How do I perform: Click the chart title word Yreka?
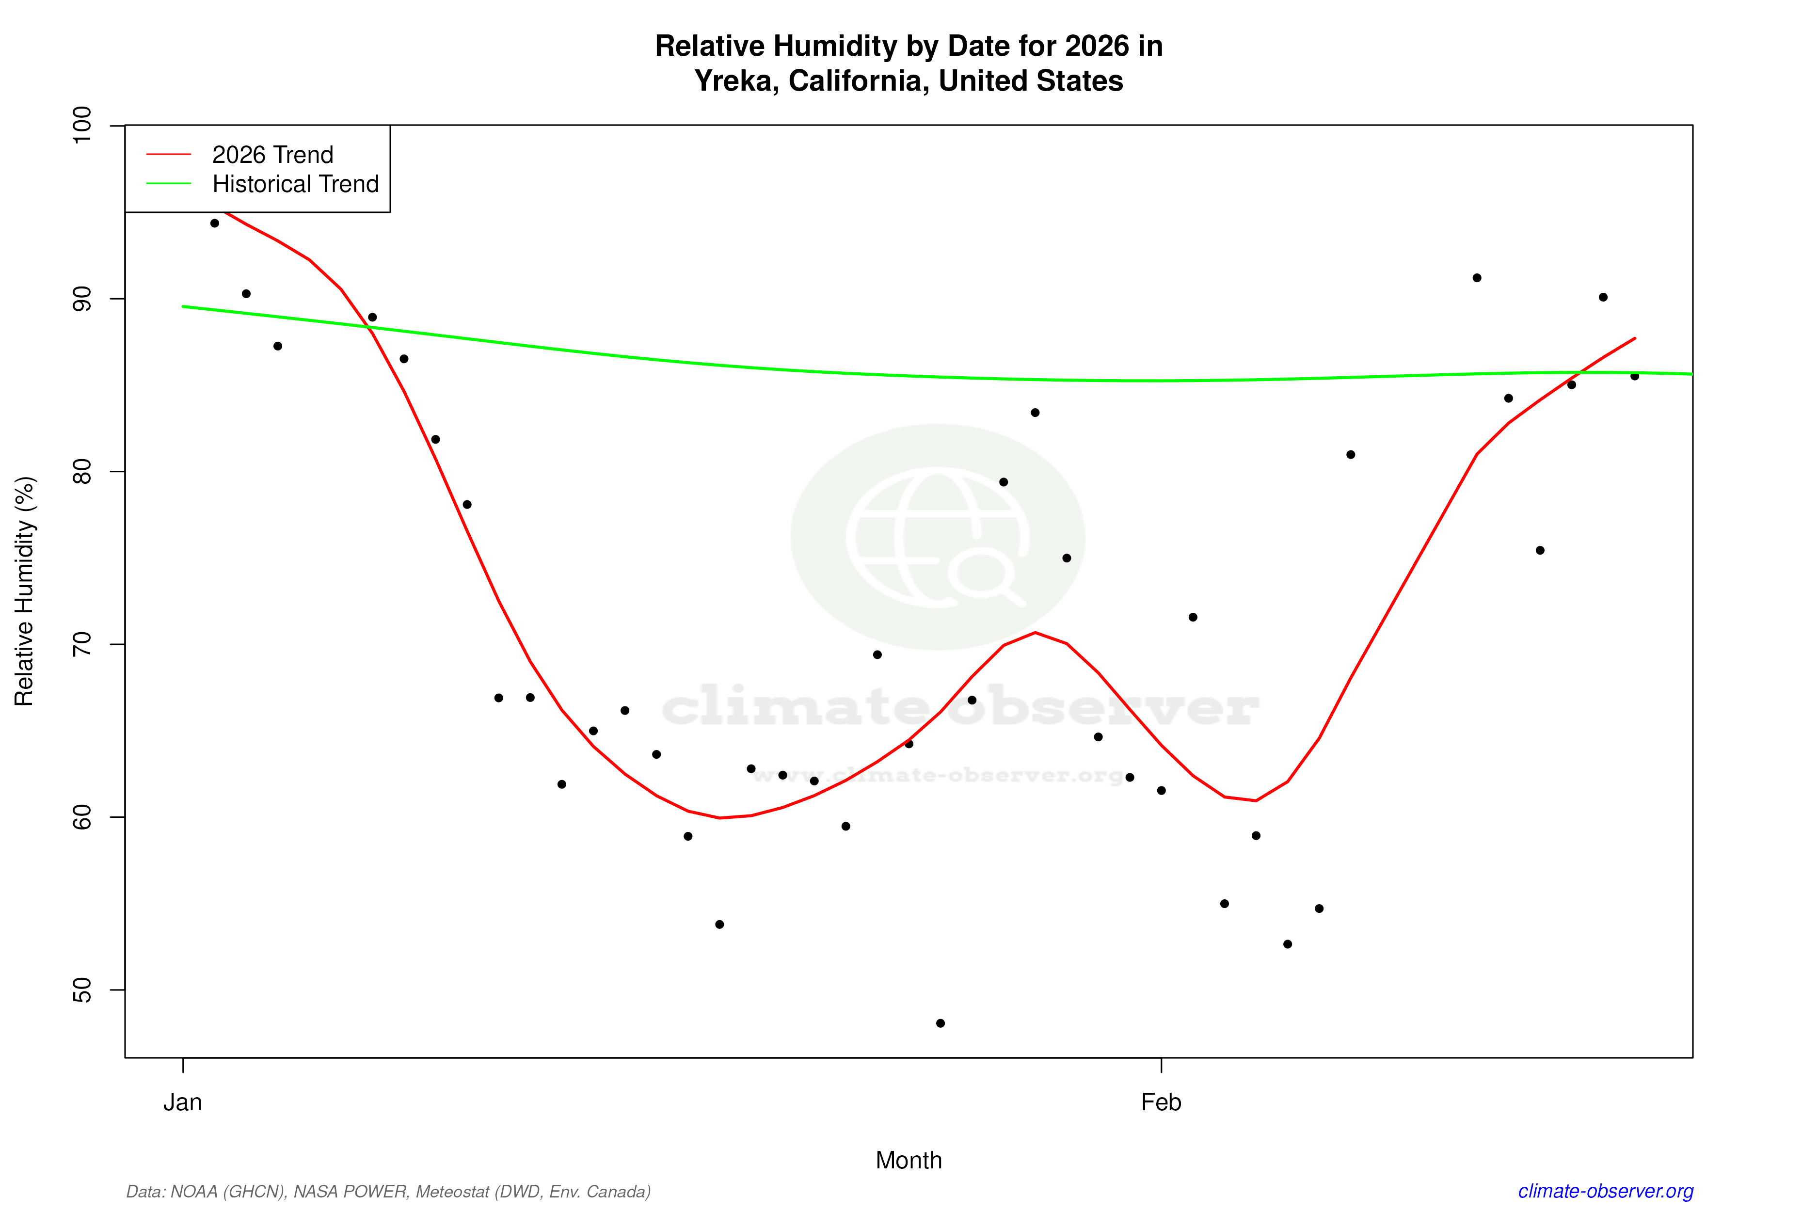736,81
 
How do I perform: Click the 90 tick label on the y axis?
82,299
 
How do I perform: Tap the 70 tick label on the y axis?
82,645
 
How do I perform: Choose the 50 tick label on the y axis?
82,990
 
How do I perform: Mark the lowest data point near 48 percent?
941,1023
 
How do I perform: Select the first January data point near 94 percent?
215,223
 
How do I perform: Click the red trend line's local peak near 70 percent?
1035,633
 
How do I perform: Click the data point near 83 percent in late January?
1035,413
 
